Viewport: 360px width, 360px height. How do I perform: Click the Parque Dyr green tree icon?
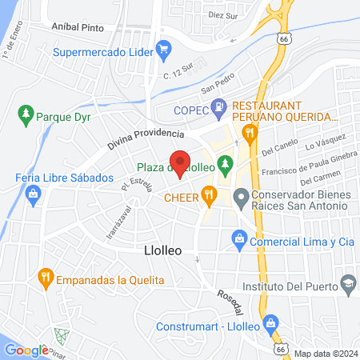coord(26,114)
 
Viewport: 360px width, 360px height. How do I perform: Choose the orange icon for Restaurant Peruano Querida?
coord(250,131)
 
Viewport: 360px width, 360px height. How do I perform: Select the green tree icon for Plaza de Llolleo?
coord(226,166)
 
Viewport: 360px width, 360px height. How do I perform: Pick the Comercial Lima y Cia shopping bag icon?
coord(238,238)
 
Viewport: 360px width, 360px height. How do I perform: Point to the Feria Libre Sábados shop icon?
coord(34,193)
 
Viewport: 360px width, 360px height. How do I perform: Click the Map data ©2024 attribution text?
coord(326,354)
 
